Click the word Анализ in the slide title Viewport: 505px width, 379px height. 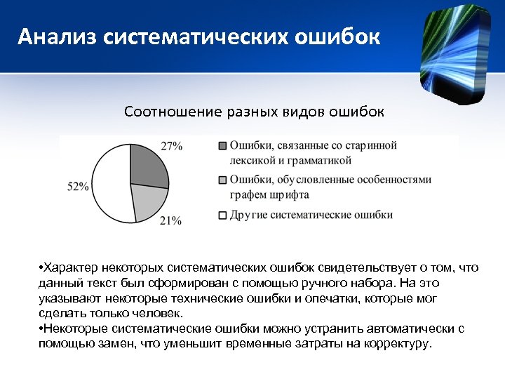(x=58, y=36)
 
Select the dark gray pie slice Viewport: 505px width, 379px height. (x=149, y=166)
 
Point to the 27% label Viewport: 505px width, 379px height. (x=172, y=146)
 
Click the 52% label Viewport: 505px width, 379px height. (x=78, y=187)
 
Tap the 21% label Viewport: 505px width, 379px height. (x=170, y=221)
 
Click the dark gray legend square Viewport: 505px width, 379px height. (x=222, y=146)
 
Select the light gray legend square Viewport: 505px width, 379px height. (x=222, y=180)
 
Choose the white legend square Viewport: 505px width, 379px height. (x=222, y=215)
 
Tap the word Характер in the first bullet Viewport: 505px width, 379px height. (x=71, y=268)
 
